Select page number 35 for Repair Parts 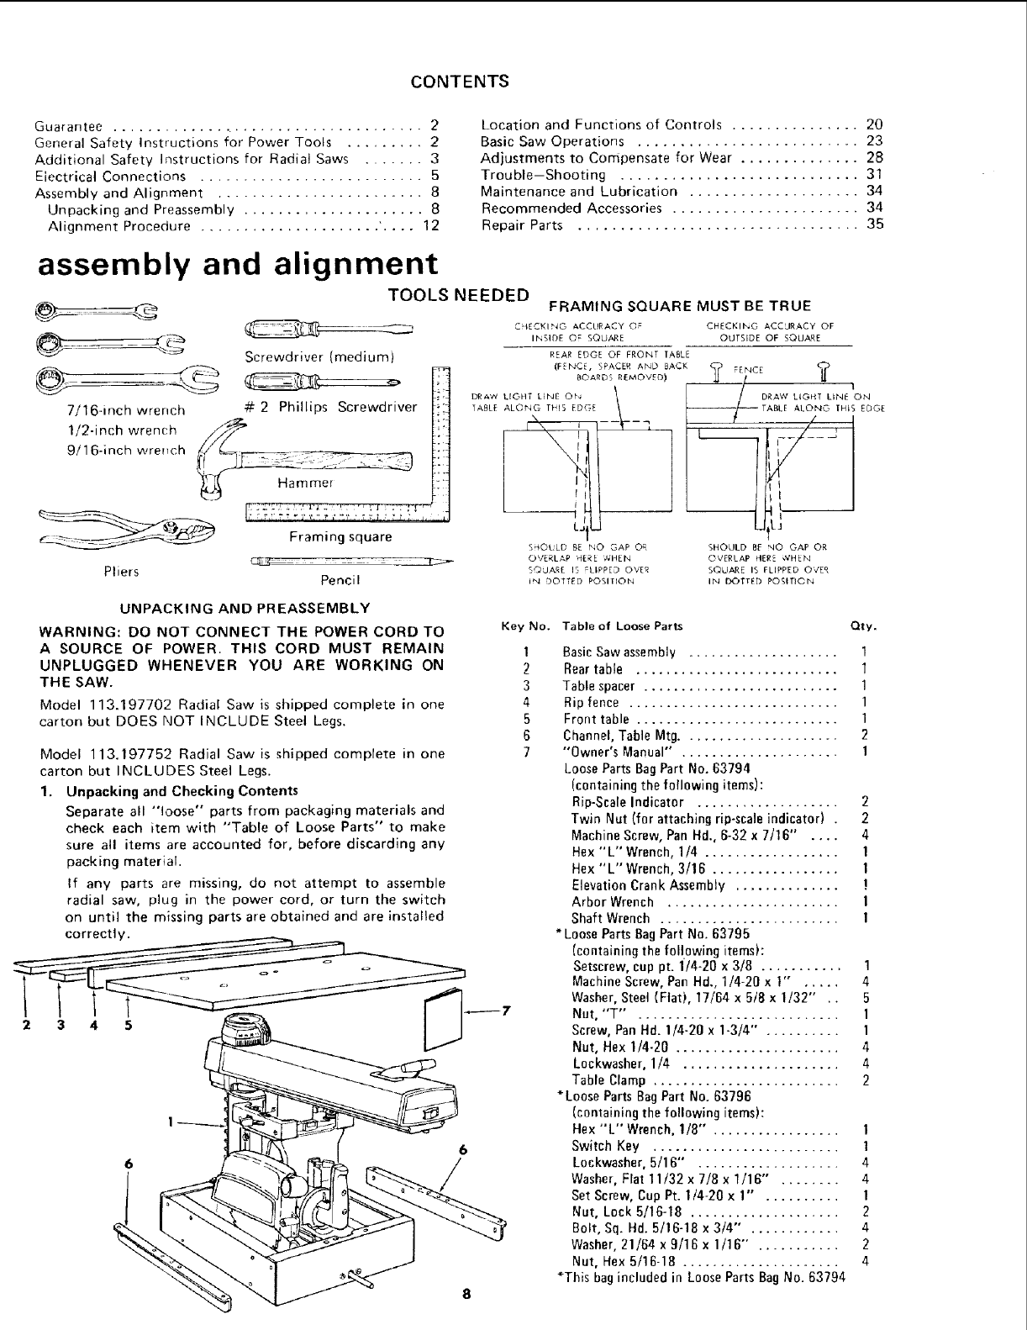pyautogui.click(x=875, y=224)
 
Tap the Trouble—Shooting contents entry pyautogui.click(x=543, y=175)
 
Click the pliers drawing pyautogui.click(x=126, y=530)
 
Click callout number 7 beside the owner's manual pyautogui.click(x=507, y=1011)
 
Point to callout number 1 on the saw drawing pyautogui.click(x=171, y=1120)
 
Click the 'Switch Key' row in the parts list pyautogui.click(x=605, y=1146)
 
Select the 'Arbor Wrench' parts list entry pyautogui.click(x=613, y=901)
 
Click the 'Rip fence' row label pyautogui.click(x=591, y=702)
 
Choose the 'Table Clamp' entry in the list pyautogui.click(x=608, y=1080)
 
